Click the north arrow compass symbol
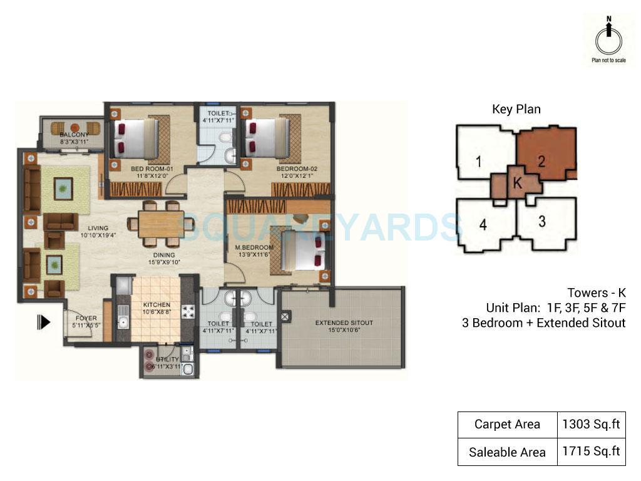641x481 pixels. tap(607, 39)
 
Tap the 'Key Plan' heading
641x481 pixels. tap(516, 110)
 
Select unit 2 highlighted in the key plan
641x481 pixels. tap(542, 160)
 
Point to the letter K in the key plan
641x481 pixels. tap(516, 183)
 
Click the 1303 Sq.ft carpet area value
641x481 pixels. tap(590, 424)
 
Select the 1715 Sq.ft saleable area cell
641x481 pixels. tap(590, 452)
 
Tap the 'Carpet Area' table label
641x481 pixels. tap(507, 424)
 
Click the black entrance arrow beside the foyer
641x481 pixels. tap(44, 323)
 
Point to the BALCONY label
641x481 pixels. tap(74, 135)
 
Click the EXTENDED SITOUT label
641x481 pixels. tap(344, 323)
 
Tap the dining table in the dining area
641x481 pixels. tap(156, 224)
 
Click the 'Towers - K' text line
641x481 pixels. tap(596, 293)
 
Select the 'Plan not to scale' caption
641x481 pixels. tap(608, 61)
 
